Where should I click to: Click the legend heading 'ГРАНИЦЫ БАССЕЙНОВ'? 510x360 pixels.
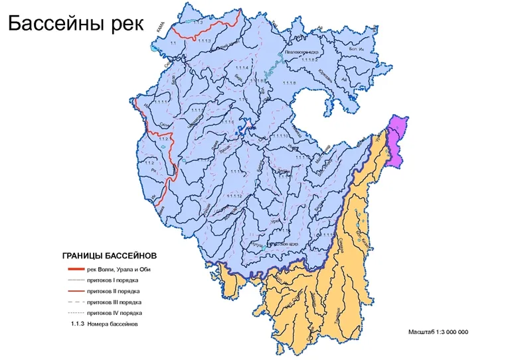pos(110,255)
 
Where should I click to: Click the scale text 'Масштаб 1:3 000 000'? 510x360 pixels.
pos(438,331)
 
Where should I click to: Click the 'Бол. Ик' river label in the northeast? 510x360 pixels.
pos(357,49)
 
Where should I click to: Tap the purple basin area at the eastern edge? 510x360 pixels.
pos(397,139)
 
